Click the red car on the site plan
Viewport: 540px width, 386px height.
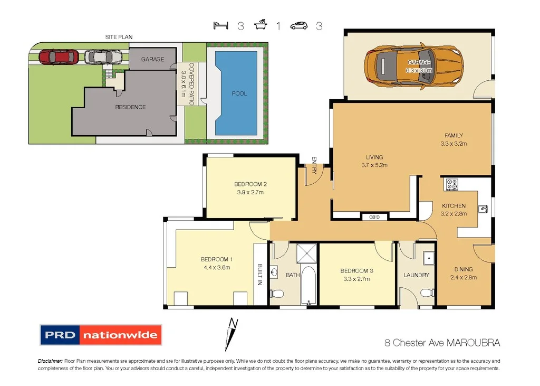[58, 56]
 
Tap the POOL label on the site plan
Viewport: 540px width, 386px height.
[239, 93]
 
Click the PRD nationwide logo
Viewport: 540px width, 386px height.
[101, 335]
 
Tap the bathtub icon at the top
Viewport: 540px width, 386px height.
[261, 25]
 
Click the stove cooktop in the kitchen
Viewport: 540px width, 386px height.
[452, 184]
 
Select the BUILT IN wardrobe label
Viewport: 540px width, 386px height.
[260, 274]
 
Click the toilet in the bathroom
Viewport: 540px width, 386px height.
[276, 293]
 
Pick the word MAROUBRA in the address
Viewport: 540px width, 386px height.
[473, 343]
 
